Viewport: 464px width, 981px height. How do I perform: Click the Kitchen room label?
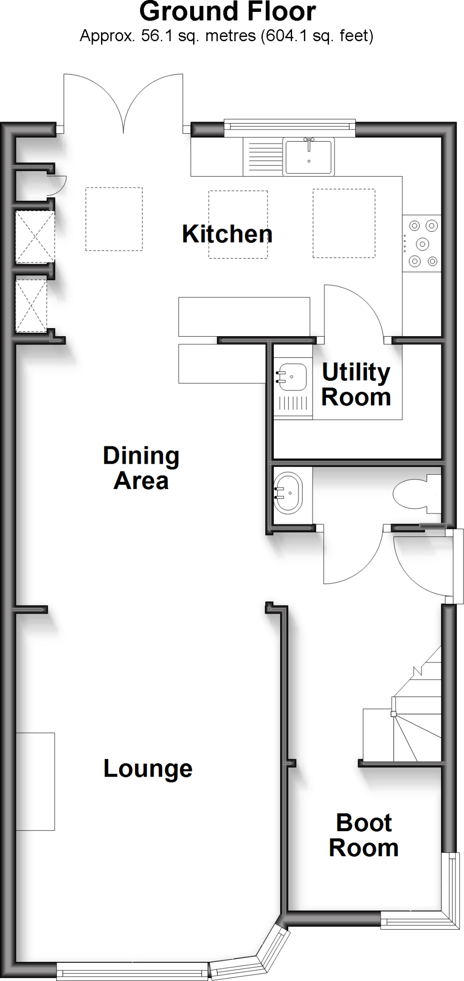click(x=227, y=234)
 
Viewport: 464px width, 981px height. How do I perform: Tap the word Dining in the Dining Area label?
click(x=141, y=456)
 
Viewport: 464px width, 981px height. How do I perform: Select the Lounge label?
click(x=148, y=769)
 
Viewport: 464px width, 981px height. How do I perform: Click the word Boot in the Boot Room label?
click(x=364, y=823)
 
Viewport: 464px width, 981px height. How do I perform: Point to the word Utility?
click(x=356, y=373)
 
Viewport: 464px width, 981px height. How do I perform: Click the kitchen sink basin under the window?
click(x=308, y=156)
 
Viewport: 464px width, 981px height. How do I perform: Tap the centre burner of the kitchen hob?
click(x=422, y=244)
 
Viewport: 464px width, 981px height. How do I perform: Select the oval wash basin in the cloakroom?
click(x=288, y=493)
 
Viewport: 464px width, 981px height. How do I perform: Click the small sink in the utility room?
click(x=292, y=377)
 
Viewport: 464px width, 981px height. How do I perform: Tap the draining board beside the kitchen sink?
click(x=262, y=157)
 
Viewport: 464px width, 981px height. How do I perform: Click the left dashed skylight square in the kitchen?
click(x=114, y=219)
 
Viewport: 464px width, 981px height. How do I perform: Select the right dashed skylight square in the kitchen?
click(x=344, y=223)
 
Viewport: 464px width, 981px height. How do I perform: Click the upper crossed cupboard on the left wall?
click(x=35, y=237)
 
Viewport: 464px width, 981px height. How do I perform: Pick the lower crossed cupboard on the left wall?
click(x=31, y=306)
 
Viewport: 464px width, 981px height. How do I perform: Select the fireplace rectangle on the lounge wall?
click(x=35, y=781)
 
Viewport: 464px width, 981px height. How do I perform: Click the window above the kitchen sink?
click(x=290, y=126)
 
